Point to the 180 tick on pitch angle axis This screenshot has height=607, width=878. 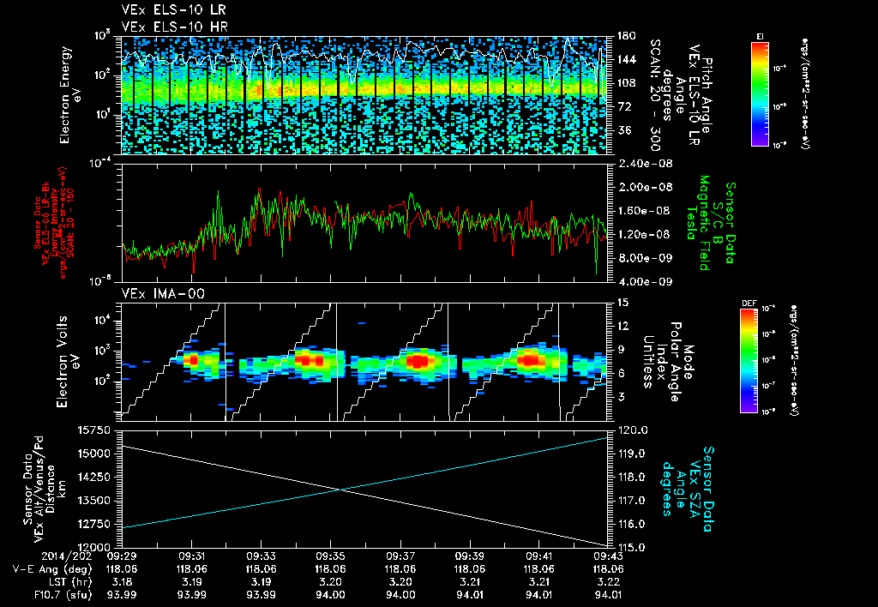(625, 36)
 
